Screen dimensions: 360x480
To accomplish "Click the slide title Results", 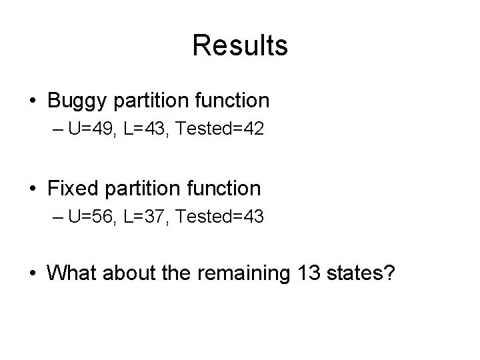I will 240,45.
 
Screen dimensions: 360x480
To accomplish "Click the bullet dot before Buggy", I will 33,101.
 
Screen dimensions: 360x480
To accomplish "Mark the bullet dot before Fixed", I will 33,189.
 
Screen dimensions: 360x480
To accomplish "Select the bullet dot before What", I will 33,273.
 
